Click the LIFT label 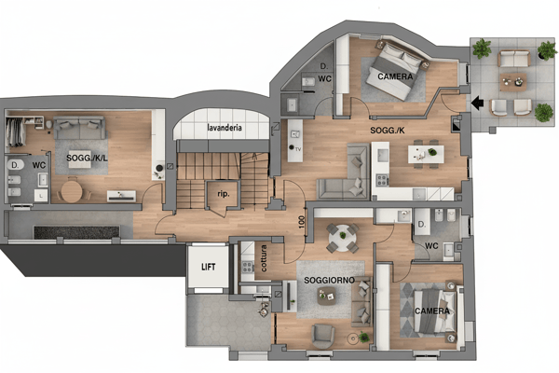coord(208,267)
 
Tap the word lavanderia coord(225,128)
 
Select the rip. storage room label coord(224,194)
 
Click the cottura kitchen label coord(264,258)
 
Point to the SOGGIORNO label coord(329,280)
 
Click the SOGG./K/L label coord(87,158)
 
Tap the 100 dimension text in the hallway coord(302,222)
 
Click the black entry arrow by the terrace coord(477,103)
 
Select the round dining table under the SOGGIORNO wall coord(342,236)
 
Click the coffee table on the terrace coord(512,82)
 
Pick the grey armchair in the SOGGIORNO coord(322,337)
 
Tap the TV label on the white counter coord(298,149)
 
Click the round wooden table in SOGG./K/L coord(72,192)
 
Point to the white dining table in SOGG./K coord(426,154)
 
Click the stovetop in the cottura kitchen coord(247,267)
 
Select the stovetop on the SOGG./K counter coord(382,180)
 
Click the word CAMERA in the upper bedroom coord(395,76)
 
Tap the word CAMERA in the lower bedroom coord(432,311)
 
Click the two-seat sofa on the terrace coord(513,59)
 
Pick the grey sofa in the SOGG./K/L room coord(79,128)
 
